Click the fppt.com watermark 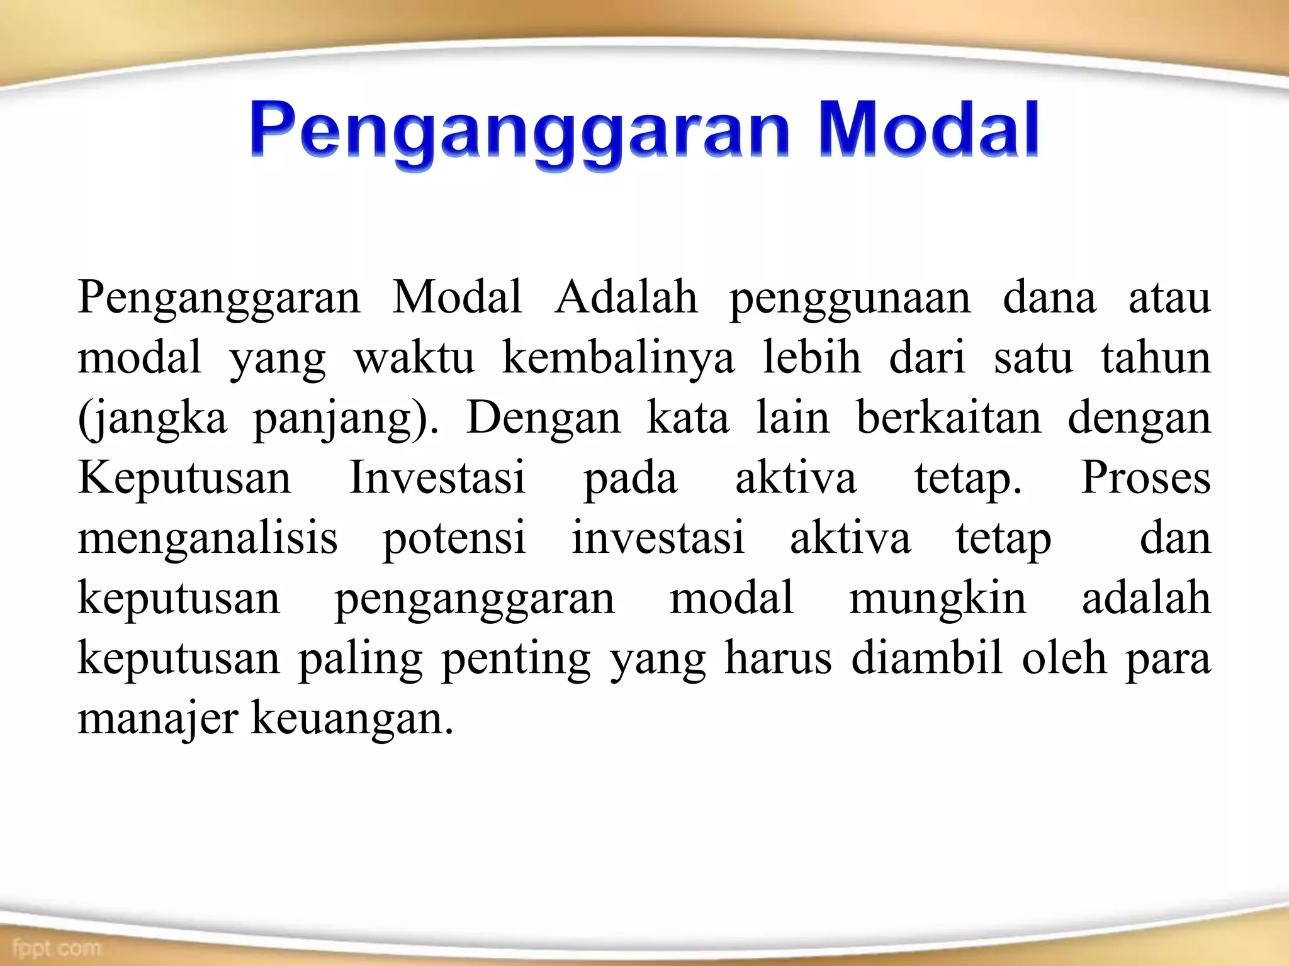[x=56, y=947]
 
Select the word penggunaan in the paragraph [x=850, y=299]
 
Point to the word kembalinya [x=618, y=359]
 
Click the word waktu [x=414, y=359]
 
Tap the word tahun [x=1156, y=358]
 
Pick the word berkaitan [x=948, y=418]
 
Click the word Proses [x=1145, y=478]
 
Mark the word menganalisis [x=208, y=539]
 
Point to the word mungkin [x=938, y=599]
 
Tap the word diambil [x=926, y=658]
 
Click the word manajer [x=158, y=719]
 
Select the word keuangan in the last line [x=352, y=719]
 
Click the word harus [x=778, y=658]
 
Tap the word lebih [x=812, y=358]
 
